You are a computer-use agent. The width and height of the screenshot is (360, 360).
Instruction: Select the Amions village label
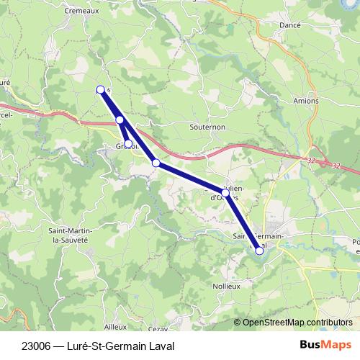point(306,101)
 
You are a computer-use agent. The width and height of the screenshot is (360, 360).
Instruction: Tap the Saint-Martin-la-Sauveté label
point(68,234)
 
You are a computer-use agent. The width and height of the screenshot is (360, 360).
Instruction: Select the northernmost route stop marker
point(101,89)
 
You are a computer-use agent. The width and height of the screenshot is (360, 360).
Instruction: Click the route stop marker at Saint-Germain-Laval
point(260,251)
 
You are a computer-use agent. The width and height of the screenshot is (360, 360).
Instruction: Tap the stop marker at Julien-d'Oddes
point(225,193)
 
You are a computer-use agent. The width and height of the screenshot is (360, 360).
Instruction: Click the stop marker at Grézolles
point(128,143)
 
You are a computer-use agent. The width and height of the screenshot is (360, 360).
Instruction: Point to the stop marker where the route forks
point(120,120)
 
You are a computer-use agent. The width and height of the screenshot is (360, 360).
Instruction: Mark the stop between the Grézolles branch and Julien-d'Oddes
point(156,163)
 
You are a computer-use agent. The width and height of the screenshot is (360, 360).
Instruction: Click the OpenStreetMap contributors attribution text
point(297,322)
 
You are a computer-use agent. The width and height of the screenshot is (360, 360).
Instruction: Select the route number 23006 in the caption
point(35,346)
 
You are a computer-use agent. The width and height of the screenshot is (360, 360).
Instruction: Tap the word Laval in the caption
point(161,346)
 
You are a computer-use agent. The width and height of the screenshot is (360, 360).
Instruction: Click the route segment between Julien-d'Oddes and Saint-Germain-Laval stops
point(243,222)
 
